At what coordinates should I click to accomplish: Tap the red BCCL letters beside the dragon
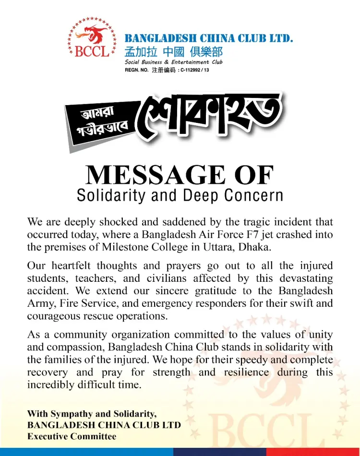[92, 51]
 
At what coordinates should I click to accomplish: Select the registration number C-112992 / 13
[195, 70]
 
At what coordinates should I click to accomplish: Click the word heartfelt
[70, 266]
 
